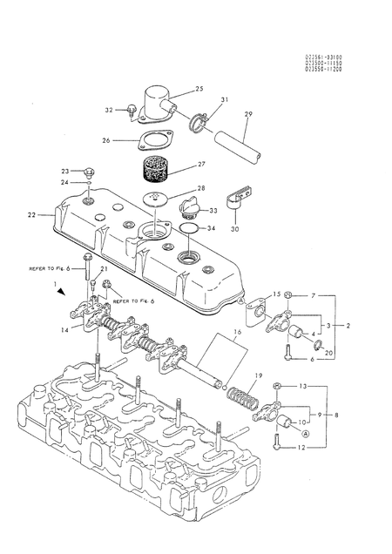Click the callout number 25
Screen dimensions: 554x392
199,89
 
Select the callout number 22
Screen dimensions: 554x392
31,214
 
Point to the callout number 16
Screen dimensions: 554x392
234,332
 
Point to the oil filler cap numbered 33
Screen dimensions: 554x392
187,210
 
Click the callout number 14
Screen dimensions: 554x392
64,330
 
